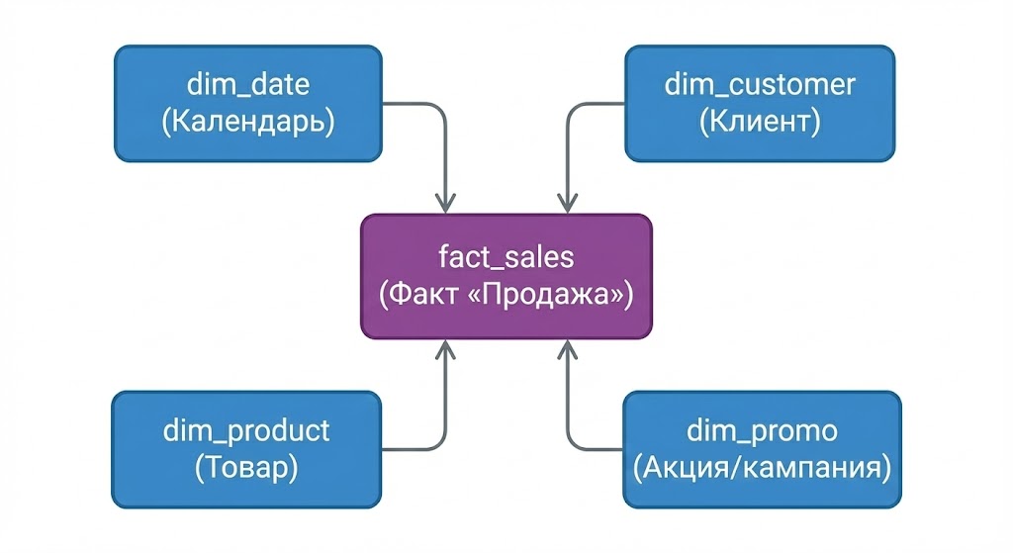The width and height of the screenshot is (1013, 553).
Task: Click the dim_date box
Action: [x=247, y=103]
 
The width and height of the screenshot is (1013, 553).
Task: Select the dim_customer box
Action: [x=760, y=103]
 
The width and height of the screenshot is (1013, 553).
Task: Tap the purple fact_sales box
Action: [x=506, y=276]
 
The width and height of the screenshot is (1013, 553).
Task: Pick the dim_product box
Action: [x=246, y=449]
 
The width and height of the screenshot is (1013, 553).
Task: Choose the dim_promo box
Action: [x=762, y=449]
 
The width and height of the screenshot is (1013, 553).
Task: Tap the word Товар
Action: [x=246, y=467]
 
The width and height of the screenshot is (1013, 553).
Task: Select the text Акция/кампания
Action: [x=762, y=467]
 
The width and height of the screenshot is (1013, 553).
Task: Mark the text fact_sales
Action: [x=506, y=257]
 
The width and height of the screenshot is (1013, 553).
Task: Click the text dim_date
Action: [x=247, y=84]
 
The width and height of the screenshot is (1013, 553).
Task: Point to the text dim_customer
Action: [x=760, y=84]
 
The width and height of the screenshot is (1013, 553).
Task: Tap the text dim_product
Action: [x=246, y=431]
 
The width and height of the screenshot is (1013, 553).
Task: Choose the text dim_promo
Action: [x=762, y=431]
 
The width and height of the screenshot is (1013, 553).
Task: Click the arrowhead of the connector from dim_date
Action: [x=447, y=204]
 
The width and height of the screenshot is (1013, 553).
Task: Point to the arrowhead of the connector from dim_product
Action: [x=447, y=347]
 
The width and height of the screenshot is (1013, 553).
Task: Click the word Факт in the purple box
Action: [x=430, y=295]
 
